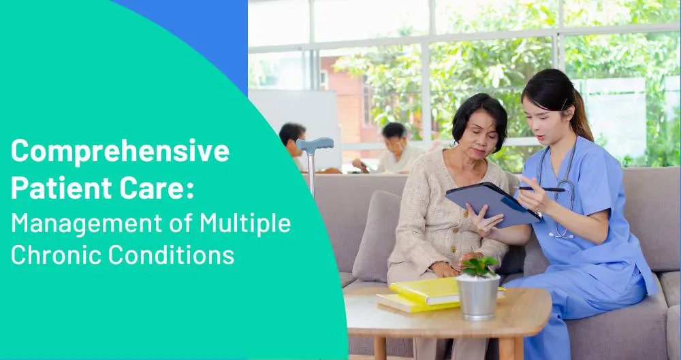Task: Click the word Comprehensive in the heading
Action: [x=120, y=151]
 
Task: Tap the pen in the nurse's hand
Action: [x=538, y=189]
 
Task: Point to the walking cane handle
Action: [x=315, y=145]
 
